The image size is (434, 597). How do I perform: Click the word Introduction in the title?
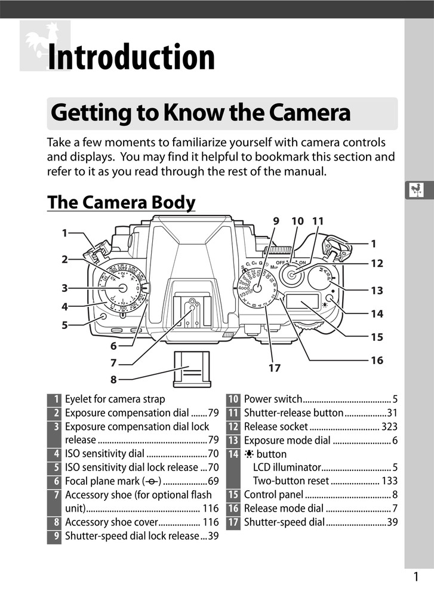point(131,58)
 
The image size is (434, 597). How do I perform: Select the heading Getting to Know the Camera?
point(201,113)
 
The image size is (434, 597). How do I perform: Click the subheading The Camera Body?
point(121,202)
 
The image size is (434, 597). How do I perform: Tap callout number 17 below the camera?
point(274,368)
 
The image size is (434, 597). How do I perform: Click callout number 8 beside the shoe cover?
point(113,378)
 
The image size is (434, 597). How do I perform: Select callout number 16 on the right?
point(376,361)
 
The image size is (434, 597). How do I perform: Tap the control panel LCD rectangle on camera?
point(302,304)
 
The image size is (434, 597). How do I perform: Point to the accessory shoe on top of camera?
point(190,313)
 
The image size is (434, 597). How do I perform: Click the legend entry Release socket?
point(276,426)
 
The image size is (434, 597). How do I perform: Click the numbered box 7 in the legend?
point(55,495)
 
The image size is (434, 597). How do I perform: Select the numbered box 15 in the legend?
point(233,494)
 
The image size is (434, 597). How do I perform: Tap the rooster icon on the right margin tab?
point(415,190)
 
